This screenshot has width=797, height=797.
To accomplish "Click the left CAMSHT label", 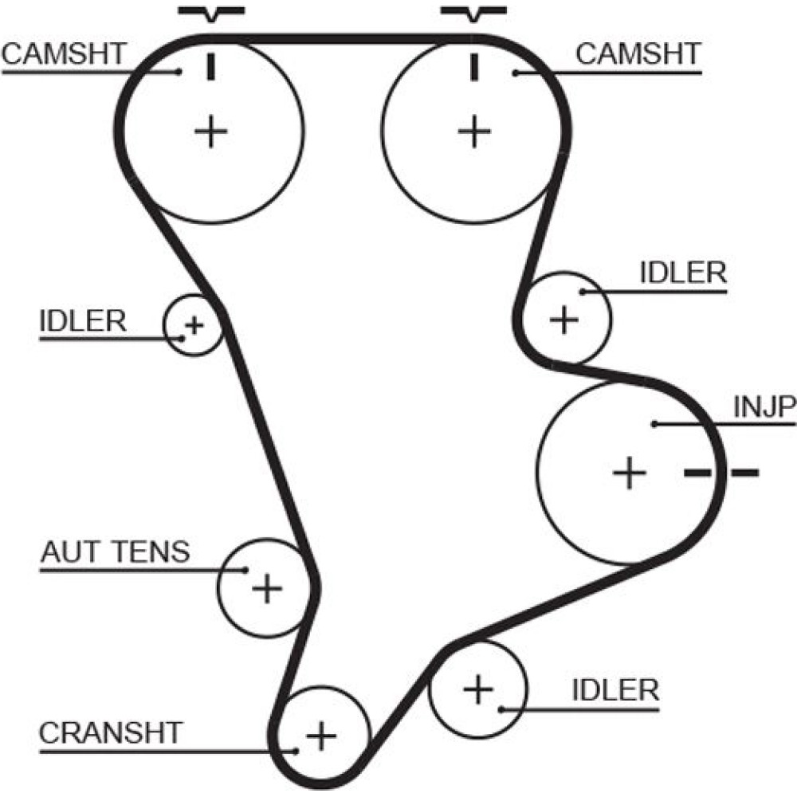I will pos(64,54).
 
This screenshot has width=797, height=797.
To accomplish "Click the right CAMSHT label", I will pos(638,54).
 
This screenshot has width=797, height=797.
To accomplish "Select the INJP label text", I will pos(764,407).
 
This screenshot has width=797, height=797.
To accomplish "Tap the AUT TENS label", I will pos(116,551).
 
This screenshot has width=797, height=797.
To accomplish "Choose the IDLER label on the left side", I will pos(82,321).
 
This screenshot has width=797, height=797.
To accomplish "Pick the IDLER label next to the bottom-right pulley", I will pos(616,689).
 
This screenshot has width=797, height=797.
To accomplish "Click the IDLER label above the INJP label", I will pos(683,273).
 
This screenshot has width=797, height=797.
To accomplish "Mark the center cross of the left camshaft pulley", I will pos(211,131).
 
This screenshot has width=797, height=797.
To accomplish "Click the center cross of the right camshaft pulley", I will pos(474,131).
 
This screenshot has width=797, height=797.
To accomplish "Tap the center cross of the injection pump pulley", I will pos(629,473).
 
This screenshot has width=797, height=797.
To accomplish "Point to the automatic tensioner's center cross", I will pos(267,588).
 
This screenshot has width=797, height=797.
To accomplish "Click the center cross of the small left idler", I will pos(192,325).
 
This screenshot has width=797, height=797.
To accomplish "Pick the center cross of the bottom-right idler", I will pos(478,688).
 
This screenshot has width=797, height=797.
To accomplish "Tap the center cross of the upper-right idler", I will pos(564,320).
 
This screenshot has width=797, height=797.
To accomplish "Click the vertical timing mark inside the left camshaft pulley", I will pos(211,67).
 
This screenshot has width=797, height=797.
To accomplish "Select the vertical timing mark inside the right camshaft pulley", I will pos(474,67).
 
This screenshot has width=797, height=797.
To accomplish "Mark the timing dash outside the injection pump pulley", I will pos(744,473).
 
